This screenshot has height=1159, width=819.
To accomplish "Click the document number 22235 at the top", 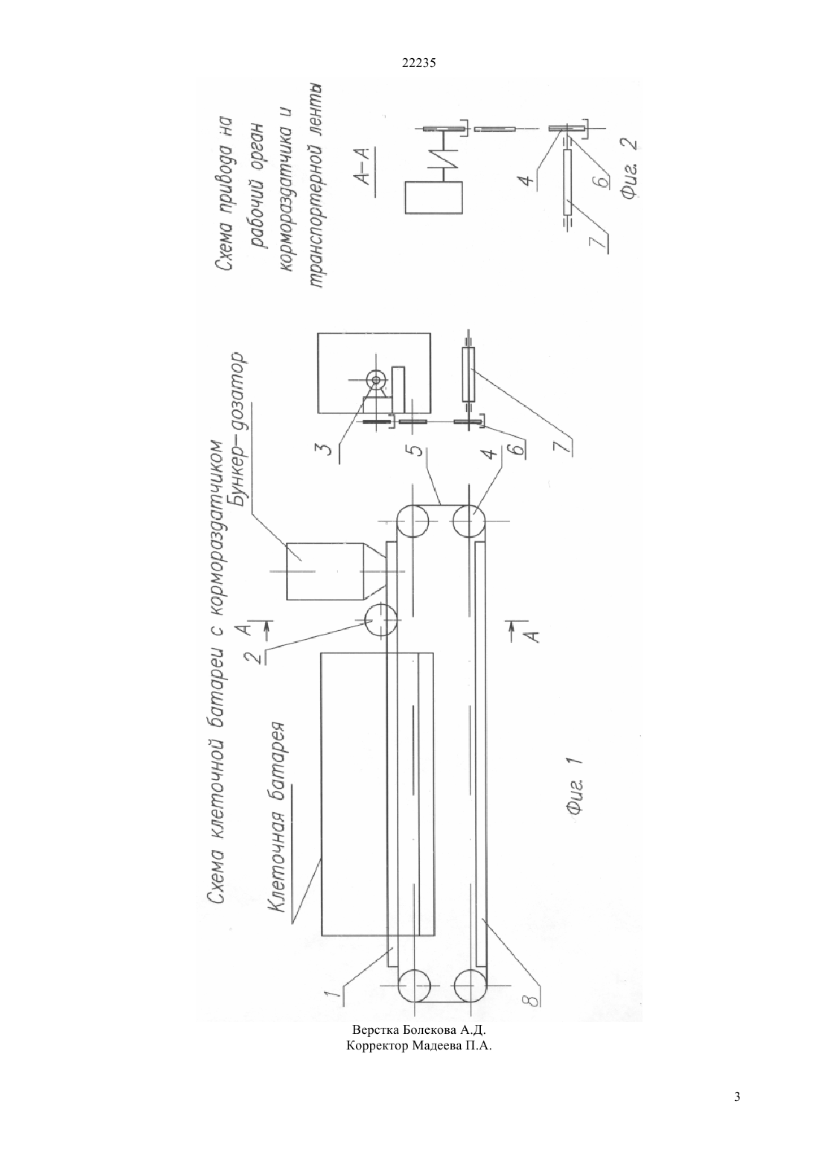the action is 418,63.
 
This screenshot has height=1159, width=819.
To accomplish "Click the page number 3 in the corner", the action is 737,1096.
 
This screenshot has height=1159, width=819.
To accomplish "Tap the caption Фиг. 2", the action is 628,168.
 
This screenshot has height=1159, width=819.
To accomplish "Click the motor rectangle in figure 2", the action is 434,197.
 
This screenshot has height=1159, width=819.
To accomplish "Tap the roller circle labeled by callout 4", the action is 468,521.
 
